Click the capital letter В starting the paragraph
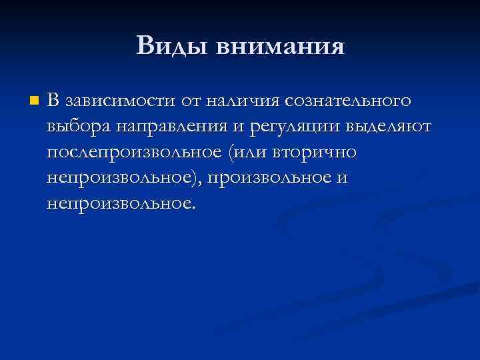(x=53, y=101)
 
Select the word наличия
(x=243, y=102)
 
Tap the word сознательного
(x=348, y=102)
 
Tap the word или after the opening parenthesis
(x=247, y=153)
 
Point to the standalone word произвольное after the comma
(x=268, y=178)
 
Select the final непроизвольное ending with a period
(x=121, y=203)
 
